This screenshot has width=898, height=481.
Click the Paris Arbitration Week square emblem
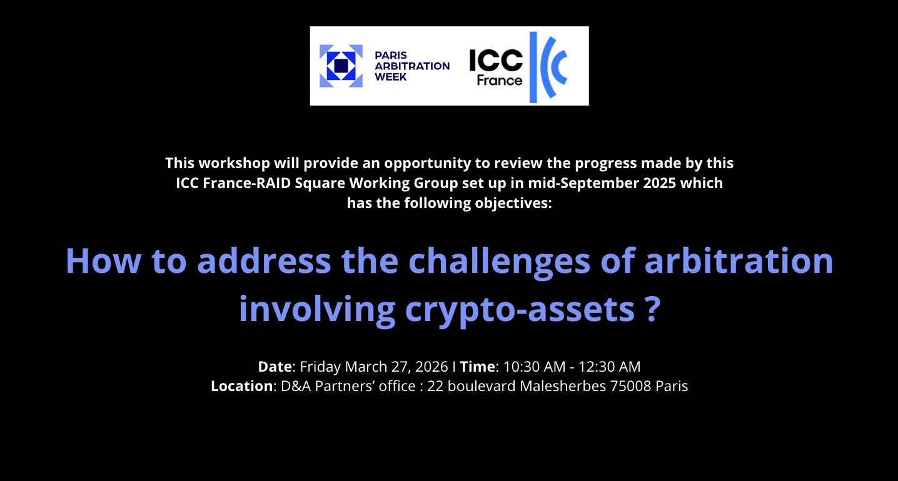(341, 66)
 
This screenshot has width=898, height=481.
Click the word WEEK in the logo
(391, 77)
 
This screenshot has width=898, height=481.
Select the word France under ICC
(500, 81)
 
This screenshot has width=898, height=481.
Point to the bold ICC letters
(496, 61)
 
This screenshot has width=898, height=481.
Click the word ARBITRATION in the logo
(412, 66)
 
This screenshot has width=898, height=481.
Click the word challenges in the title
(499, 262)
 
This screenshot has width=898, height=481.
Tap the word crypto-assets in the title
(520, 310)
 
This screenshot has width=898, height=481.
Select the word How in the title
(103, 260)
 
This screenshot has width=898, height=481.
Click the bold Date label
(275, 367)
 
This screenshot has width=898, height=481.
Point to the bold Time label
(477, 367)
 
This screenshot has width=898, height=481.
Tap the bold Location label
(242, 386)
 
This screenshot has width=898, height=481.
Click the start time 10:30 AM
(535, 367)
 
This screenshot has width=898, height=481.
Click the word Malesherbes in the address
(563, 386)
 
